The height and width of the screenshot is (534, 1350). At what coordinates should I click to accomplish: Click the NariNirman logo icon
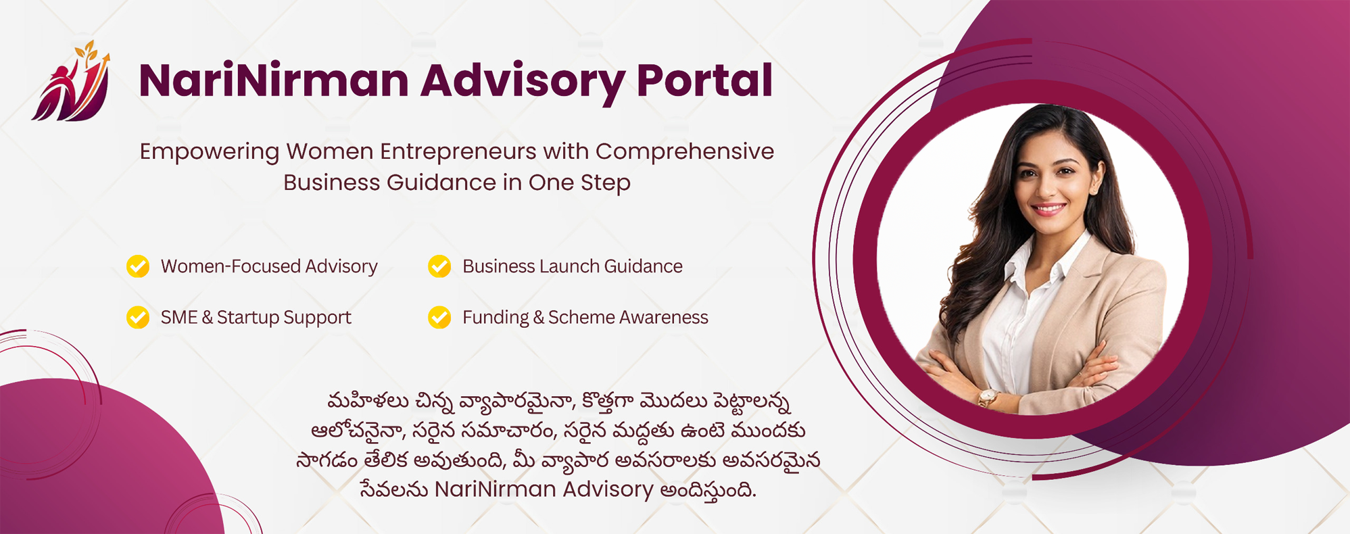[x=71, y=81]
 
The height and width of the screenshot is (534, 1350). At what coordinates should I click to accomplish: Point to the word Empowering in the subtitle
[x=209, y=152]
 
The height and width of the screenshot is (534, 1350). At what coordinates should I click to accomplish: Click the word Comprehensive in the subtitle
[x=685, y=151]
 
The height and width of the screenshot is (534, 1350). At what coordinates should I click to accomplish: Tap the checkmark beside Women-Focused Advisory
[x=138, y=266]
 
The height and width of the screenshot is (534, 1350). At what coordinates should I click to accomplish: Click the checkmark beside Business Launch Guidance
[x=439, y=266]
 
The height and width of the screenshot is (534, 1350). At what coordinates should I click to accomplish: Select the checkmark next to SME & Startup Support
[x=138, y=317]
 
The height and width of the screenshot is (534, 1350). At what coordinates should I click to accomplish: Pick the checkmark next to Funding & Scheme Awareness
[x=439, y=317]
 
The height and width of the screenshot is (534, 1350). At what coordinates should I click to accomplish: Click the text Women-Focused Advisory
[x=269, y=266]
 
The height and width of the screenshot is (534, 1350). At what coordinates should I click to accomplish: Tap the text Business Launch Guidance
[x=573, y=266]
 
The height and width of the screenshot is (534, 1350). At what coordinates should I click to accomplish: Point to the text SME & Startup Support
[x=256, y=318]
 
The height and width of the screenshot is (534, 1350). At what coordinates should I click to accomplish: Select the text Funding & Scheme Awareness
[x=585, y=318]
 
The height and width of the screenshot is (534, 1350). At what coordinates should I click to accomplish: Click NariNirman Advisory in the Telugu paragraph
[x=544, y=489]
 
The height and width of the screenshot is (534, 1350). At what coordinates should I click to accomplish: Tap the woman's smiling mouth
[x=1048, y=209]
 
